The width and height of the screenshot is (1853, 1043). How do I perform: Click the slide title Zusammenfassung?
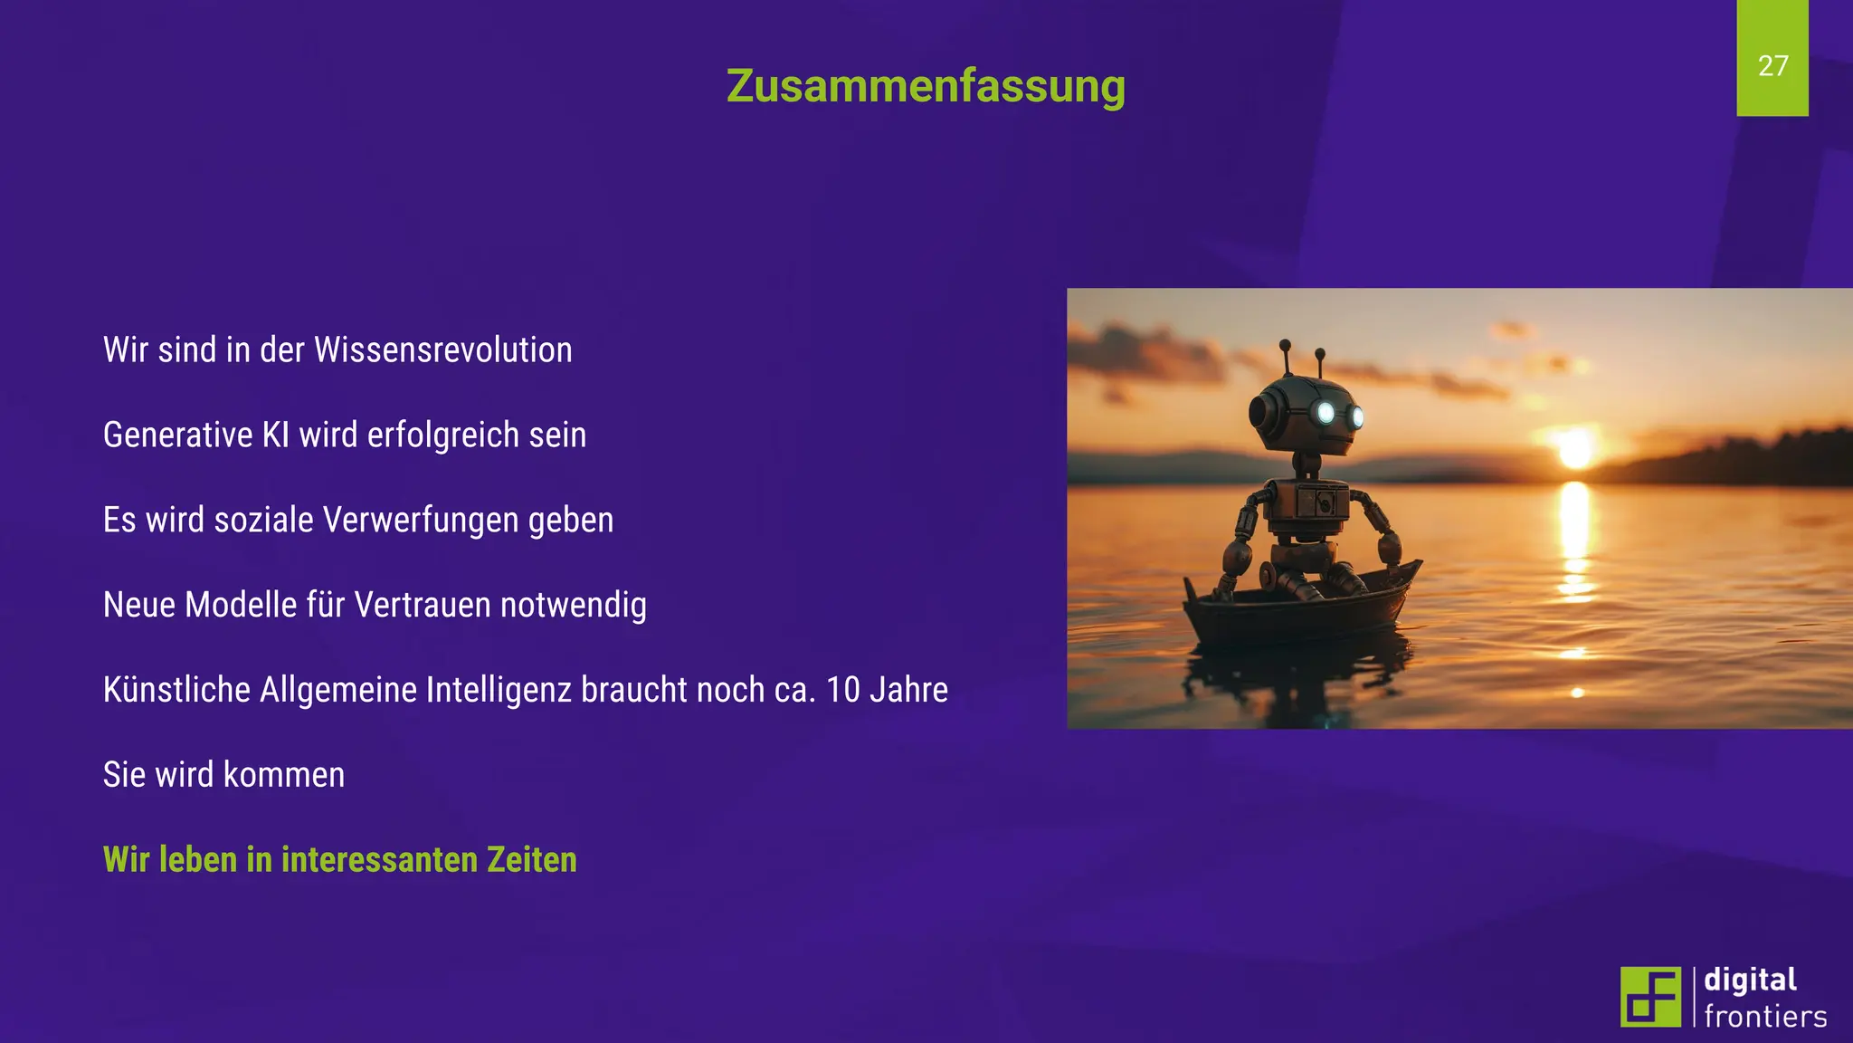point(926,87)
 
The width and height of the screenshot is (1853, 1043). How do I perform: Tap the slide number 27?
point(1772,65)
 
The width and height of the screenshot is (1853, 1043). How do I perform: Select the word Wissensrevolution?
point(442,350)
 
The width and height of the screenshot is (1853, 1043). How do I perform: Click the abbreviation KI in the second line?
point(275,435)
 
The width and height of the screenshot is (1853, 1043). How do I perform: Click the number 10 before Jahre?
point(842,690)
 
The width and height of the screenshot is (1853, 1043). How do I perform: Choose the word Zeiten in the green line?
point(531,860)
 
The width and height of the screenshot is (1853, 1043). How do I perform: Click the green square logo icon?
point(1650,997)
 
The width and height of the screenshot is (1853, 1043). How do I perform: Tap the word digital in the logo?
point(1750,981)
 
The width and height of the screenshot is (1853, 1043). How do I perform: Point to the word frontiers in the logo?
point(1764,1017)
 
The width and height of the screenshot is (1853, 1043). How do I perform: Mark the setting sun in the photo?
point(1575,449)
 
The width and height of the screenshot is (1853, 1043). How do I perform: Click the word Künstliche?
point(176,690)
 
